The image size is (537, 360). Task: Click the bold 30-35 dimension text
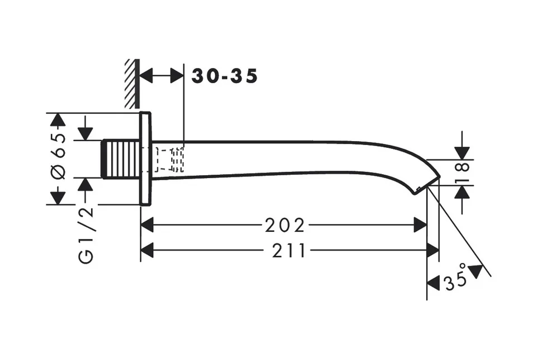[x=224, y=76]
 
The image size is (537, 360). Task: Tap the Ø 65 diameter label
[x=58, y=156]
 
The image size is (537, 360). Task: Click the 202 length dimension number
[x=285, y=226]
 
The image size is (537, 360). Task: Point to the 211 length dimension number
[x=289, y=251]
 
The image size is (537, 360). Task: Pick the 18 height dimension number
[x=463, y=172]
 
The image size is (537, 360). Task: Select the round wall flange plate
[x=145, y=158]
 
